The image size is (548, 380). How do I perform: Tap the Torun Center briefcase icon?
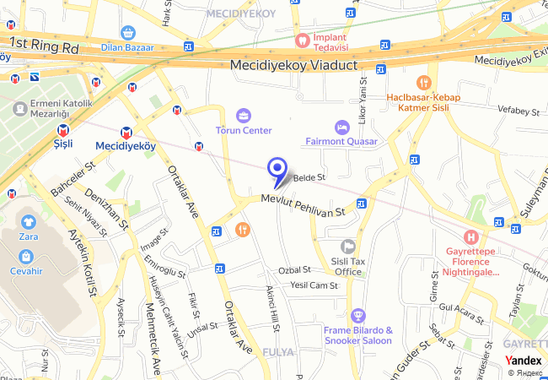(x=244, y=115)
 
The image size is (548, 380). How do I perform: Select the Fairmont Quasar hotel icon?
(x=341, y=127)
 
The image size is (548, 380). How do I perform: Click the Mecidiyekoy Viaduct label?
(x=293, y=65)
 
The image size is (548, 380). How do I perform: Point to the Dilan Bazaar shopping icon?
(x=127, y=33)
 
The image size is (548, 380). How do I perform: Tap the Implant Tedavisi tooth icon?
(x=301, y=39)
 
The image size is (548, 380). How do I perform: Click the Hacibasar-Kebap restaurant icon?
(x=424, y=83)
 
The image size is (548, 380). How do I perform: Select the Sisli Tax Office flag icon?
(x=347, y=246)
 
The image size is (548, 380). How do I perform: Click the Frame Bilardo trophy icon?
(x=358, y=315)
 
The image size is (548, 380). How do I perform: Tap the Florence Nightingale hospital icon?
(x=471, y=239)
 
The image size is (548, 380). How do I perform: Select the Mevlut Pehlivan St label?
(x=304, y=204)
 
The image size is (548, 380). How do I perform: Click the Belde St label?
(x=309, y=177)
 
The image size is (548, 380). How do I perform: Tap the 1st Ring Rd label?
(x=44, y=46)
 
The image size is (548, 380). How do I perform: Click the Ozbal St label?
(x=295, y=270)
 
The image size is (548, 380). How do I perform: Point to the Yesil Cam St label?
(x=314, y=285)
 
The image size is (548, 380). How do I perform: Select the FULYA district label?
(x=278, y=351)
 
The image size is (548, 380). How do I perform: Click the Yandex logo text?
(x=524, y=360)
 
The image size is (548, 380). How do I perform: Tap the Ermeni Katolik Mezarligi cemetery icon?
(x=19, y=107)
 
